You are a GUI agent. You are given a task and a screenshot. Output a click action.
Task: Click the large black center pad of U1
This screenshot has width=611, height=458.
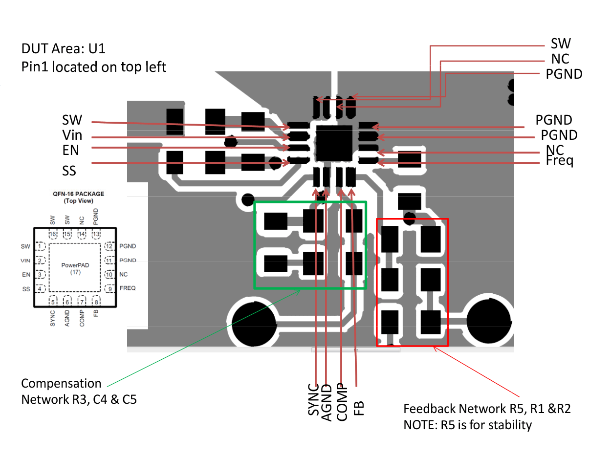point(334,143)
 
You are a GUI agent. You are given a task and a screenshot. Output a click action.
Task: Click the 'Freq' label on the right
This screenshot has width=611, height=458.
point(559,160)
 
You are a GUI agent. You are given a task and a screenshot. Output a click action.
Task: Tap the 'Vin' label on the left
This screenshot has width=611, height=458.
point(72,135)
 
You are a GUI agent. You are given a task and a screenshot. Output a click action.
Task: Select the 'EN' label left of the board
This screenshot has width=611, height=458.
point(70,150)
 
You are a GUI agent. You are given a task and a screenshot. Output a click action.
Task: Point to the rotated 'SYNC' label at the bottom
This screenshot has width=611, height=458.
point(313,399)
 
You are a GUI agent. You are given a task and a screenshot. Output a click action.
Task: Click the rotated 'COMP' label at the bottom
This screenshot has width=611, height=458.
point(342,402)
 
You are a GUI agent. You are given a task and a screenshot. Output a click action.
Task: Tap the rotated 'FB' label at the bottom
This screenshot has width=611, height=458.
point(358,408)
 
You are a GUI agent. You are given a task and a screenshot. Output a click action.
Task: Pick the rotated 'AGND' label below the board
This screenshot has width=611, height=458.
point(327,402)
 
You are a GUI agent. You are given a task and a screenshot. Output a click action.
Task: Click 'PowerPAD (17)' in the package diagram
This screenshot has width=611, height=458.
point(75,268)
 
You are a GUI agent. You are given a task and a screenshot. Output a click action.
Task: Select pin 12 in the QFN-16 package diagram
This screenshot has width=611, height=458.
point(109,246)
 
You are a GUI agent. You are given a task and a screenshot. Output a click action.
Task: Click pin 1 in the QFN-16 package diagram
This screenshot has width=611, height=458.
point(40,246)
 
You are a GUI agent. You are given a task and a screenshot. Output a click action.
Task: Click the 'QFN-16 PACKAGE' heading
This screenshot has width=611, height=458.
point(79,194)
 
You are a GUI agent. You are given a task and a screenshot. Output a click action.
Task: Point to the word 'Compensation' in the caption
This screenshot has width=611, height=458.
point(61,384)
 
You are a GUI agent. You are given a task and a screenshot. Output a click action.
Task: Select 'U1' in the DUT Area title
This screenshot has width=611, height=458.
point(97,49)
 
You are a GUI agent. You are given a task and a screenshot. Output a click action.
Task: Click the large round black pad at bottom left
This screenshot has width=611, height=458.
point(254,323)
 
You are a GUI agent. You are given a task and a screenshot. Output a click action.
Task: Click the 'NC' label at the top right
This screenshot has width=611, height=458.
point(560,59)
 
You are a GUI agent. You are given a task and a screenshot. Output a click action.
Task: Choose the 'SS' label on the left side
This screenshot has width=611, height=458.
point(69,171)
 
